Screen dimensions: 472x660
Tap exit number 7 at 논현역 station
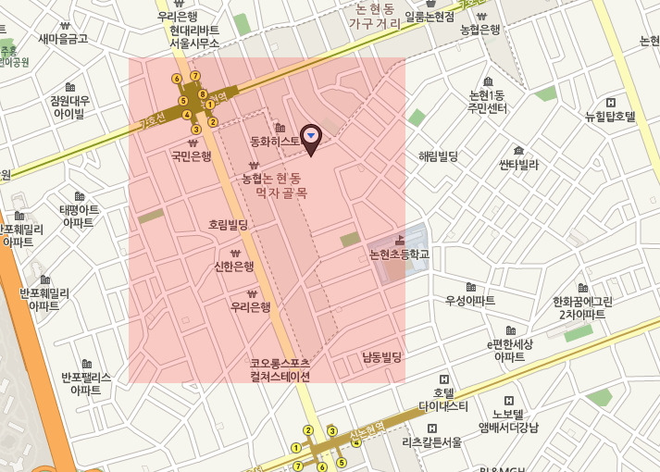(195, 75)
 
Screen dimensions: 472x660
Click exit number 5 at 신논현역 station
(342, 462)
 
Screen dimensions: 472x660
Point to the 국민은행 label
(192, 156)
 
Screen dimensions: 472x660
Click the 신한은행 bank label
(234, 267)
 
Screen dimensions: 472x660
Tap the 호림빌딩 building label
(228, 224)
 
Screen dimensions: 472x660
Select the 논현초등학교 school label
(400, 253)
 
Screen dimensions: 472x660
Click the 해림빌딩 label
(439, 156)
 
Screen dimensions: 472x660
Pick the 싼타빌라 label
(518, 165)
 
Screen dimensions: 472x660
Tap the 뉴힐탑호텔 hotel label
(610, 117)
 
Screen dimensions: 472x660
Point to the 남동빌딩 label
(382, 356)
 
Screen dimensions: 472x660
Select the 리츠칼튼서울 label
(432, 442)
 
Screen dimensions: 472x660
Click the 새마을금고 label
(63, 39)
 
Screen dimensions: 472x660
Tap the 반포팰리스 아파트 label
(86, 383)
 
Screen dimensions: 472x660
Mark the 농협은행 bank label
(479, 29)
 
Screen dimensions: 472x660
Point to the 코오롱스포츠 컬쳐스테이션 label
(280, 369)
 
